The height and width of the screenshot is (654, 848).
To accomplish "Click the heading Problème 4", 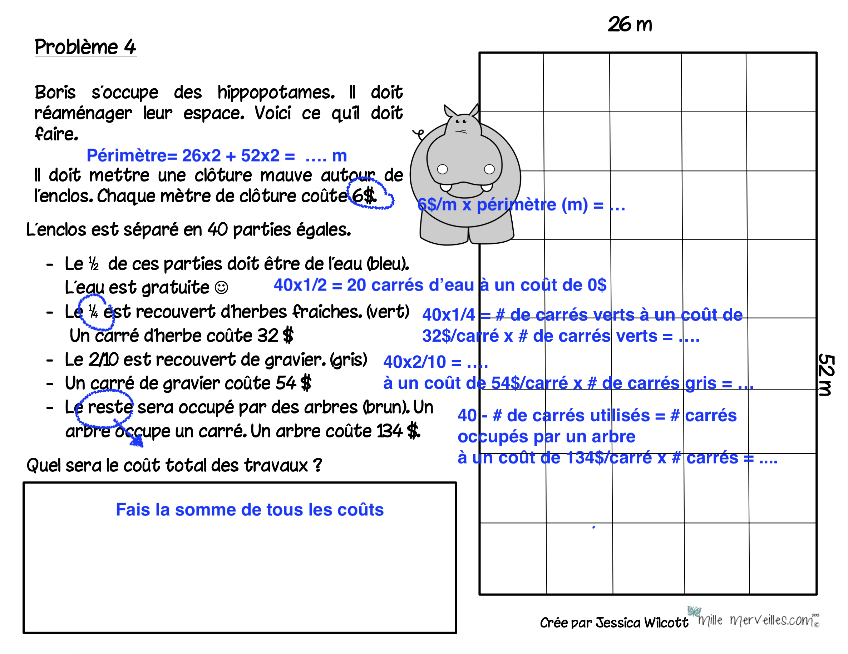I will pos(85,47).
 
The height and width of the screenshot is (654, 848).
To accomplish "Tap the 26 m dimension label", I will pos(630,24).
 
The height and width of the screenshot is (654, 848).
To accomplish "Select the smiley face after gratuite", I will pos(221,288).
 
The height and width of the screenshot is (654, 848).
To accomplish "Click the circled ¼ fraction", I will pos(93,311).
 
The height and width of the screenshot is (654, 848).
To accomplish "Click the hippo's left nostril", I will pos(443,169).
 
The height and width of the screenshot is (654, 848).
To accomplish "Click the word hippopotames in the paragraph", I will pos(276,92).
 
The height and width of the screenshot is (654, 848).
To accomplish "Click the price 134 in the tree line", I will pos(389,431).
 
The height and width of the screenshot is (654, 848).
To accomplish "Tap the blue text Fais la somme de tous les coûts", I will pos(250,510).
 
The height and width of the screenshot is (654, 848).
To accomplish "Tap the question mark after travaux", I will pos(317,465).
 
